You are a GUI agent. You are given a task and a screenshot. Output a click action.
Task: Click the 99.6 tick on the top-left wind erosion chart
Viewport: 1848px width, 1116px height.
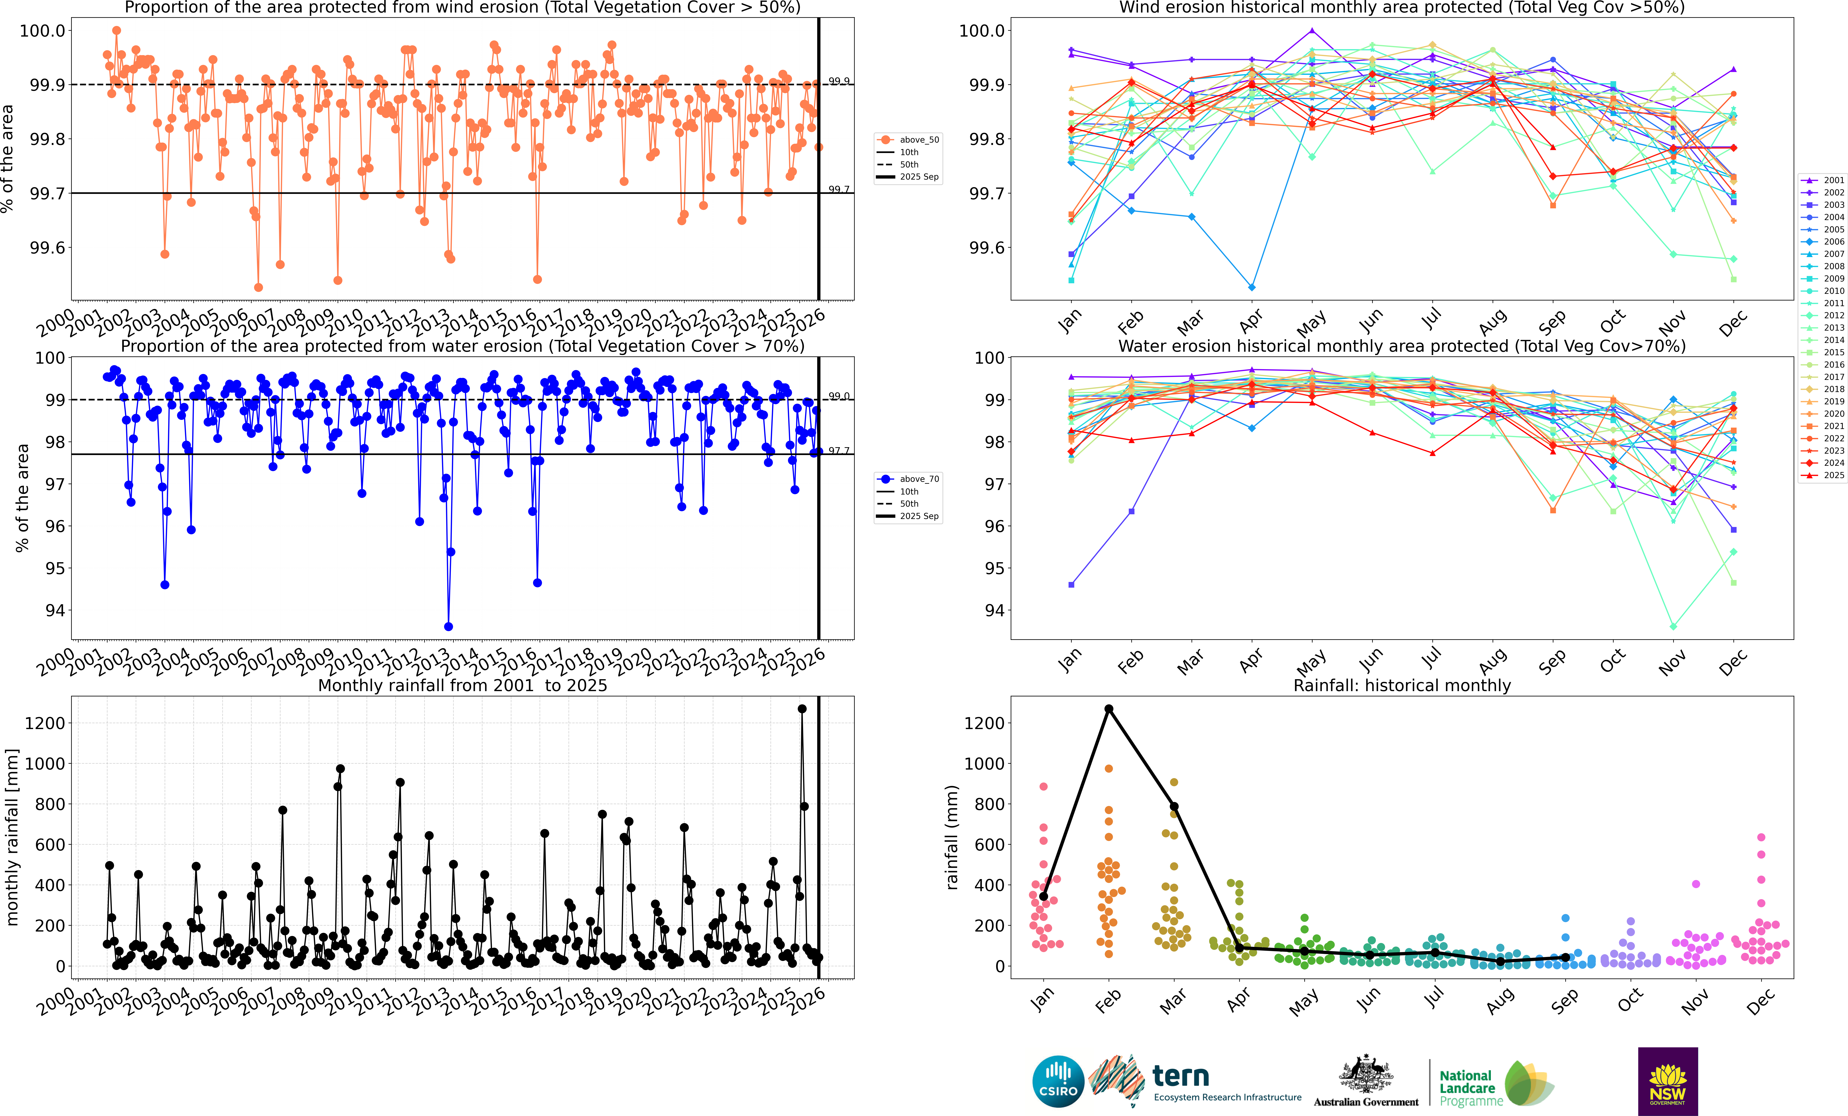47,248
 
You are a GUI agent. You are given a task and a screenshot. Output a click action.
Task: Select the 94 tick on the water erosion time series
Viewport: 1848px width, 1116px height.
56,610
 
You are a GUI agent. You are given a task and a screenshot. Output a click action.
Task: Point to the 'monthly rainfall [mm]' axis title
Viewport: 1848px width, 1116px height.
12,837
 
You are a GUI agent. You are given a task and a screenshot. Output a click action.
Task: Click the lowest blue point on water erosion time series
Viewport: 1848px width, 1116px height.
448,627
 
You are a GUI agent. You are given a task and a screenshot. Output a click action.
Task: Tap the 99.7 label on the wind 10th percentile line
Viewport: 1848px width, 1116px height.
838,189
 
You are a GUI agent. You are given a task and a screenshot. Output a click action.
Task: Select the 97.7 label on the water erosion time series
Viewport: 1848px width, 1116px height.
838,450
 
